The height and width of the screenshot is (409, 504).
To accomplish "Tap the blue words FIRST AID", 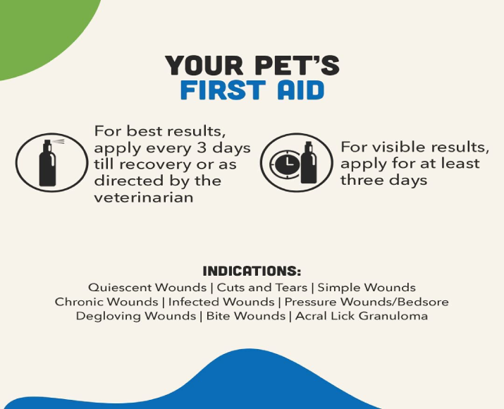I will click(x=252, y=90).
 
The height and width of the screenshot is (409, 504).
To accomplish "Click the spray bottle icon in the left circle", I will click(x=48, y=163).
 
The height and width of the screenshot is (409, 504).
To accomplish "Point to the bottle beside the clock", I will click(x=309, y=163).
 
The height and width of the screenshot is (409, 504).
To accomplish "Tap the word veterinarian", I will click(x=143, y=197).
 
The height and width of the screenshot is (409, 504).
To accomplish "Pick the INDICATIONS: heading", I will click(x=252, y=271).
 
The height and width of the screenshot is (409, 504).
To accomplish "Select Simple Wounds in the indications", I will click(x=367, y=288).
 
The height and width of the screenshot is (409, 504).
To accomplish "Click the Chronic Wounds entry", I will click(x=106, y=302).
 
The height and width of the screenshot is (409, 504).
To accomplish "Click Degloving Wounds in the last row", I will click(x=135, y=316).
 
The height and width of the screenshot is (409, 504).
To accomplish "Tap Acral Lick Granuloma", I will click(x=361, y=316).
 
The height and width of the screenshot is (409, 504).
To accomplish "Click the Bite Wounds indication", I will click(x=245, y=316).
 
